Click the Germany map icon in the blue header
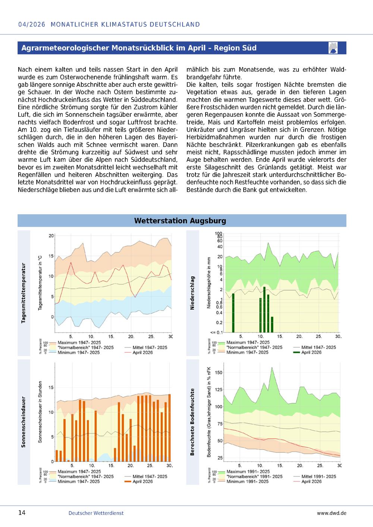pos(333,48)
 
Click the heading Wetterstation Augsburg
pos(180,221)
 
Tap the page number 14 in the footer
pos(22,512)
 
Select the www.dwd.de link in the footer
pos(332,513)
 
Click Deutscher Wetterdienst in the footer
pos(96,513)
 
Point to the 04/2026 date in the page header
pos(32,25)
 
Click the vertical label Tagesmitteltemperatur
pos(23,293)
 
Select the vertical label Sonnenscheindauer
pos(23,422)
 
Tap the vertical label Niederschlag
pos(192,293)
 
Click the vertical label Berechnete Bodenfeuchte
pos(192,422)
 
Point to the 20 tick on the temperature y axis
pos(51,236)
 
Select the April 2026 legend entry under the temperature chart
pos(139,353)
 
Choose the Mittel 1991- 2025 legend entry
pos(315,476)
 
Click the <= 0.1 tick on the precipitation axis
pos(216,332)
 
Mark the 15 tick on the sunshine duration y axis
pos(51,388)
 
